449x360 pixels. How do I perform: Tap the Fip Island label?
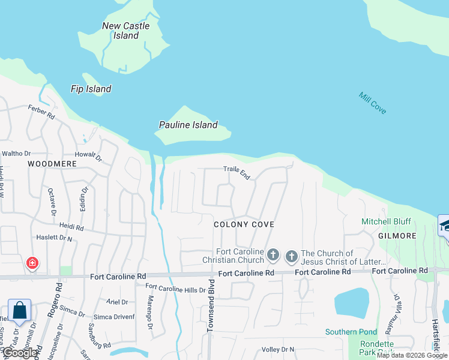coord(91,89)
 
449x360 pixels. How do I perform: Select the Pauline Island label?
coord(187,125)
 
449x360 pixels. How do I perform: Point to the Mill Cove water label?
coord(372,103)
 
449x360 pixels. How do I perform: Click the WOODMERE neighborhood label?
coord(51,163)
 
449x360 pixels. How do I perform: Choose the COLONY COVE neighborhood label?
coord(244,224)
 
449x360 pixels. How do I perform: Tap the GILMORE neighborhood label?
coord(397,236)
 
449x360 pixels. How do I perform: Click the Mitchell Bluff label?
coord(384,221)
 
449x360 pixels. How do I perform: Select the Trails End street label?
coord(237,172)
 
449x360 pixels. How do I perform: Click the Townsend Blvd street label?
coord(211,305)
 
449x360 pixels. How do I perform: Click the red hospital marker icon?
coord(32,263)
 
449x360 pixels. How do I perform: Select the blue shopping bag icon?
coord(19,310)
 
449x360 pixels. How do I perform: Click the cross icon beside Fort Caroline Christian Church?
coord(273,256)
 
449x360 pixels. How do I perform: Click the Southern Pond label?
coord(351,332)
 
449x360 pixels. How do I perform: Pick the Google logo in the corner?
coord(20,353)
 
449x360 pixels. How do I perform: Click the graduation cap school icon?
coord(445,226)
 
